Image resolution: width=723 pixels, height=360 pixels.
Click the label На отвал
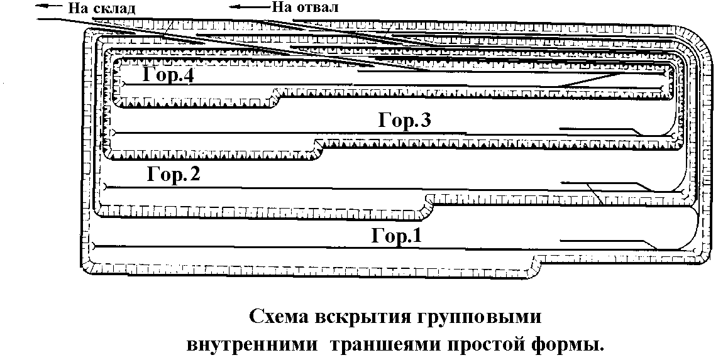pos(304,8)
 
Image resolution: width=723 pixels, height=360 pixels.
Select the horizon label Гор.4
pos(167,75)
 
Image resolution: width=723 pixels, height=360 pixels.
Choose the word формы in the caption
pos(565,344)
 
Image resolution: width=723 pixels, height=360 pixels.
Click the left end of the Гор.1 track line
pos(92,245)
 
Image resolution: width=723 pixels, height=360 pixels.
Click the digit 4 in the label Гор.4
pos(187,75)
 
